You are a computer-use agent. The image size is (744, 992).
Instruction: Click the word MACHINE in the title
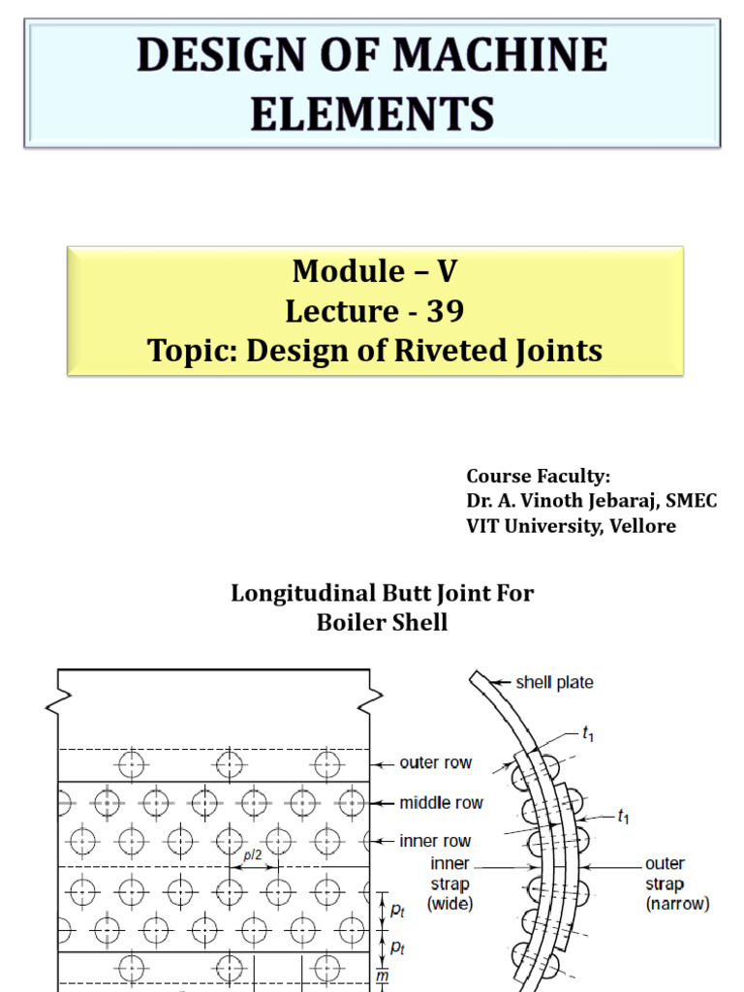pyautogui.click(x=500, y=54)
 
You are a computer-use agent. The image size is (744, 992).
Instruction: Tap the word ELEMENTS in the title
pyautogui.click(x=372, y=114)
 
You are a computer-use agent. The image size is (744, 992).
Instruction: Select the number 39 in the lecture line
pyautogui.click(x=446, y=311)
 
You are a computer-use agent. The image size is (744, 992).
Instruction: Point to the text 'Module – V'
pyautogui.click(x=375, y=271)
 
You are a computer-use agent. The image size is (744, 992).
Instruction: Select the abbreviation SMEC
pyautogui.click(x=691, y=501)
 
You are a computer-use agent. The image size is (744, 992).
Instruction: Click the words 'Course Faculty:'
pyautogui.click(x=539, y=476)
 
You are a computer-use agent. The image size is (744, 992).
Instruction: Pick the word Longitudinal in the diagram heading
pyautogui.click(x=303, y=594)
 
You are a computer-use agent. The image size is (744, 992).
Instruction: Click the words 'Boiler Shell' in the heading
pyautogui.click(x=382, y=623)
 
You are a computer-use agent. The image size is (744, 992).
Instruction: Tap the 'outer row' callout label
pyautogui.click(x=435, y=763)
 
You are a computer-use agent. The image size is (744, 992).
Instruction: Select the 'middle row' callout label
pyautogui.click(x=441, y=803)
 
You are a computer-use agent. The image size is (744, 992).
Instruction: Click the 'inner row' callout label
pyautogui.click(x=435, y=842)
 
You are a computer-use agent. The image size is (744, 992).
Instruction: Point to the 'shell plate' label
pyautogui.click(x=554, y=683)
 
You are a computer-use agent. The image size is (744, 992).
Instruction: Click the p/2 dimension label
pyautogui.click(x=253, y=855)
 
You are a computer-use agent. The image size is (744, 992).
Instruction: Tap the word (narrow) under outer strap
pyautogui.click(x=677, y=904)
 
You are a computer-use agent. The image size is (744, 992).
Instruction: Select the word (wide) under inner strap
pyautogui.click(x=449, y=904)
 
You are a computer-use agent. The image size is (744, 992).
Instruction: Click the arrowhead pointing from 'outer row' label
pyautogui.click(x=374, y=765)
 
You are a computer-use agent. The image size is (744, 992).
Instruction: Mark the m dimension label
pyautogui.click(x=382, y=976)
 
